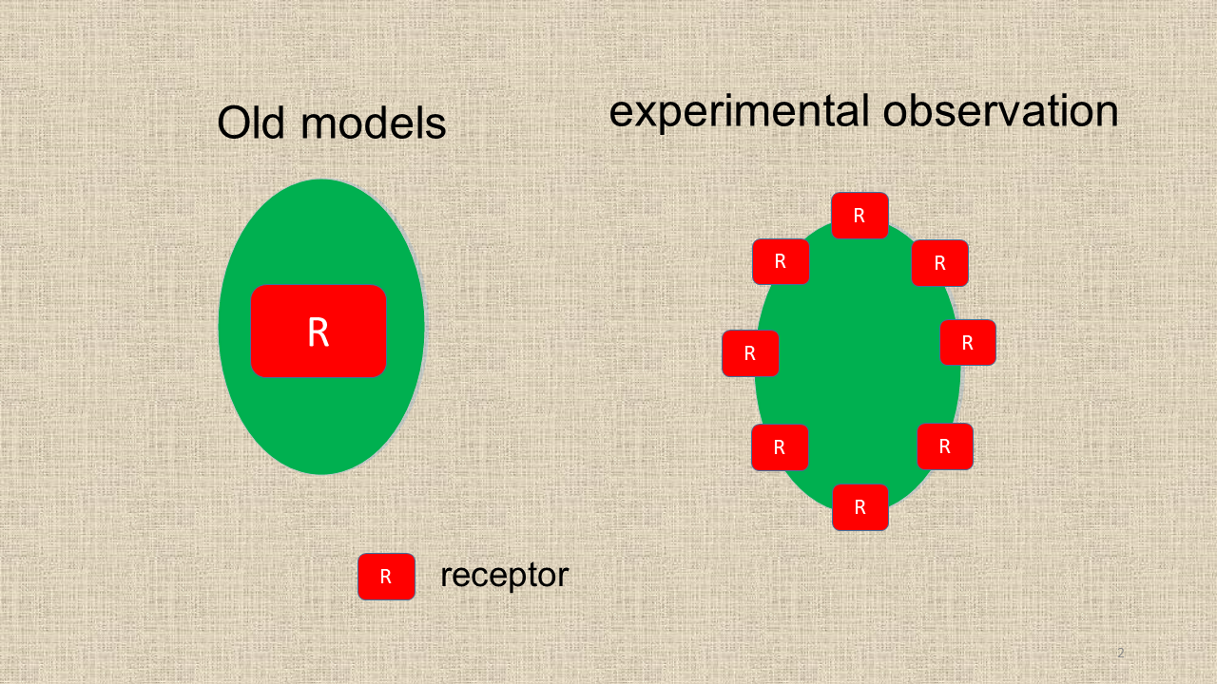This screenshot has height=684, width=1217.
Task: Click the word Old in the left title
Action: pos(250,123)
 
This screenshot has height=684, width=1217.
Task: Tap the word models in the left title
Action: pos(374,123)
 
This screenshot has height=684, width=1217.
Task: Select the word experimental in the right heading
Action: pos(739,112)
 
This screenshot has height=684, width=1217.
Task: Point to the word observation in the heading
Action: pos(1001,111)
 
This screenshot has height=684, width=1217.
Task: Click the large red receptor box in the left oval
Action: pos(319,332)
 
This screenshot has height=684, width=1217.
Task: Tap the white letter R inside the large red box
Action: pos(319,332)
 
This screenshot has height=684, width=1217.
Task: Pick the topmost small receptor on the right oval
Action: pos(860,216)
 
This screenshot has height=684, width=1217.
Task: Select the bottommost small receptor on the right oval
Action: pos(860,507)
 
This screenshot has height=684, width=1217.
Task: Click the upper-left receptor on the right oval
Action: pos(781,261)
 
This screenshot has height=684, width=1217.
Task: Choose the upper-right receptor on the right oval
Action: pos(940,263)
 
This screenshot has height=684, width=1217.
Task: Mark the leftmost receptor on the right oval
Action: pos(750,353)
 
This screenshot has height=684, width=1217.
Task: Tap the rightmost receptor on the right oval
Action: pos(968,343)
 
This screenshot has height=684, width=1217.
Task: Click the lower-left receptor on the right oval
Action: pos(780,447)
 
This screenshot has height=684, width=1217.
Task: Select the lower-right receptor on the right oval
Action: pos(945,446)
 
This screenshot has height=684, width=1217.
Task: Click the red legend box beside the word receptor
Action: pos(386,577)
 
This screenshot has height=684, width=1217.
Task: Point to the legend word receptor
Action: pos(504,576)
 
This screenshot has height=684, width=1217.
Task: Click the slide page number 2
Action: pos(1120,653)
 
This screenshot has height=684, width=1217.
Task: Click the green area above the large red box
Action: pos(320,234)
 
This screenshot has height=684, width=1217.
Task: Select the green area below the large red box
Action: pos(320,424)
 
